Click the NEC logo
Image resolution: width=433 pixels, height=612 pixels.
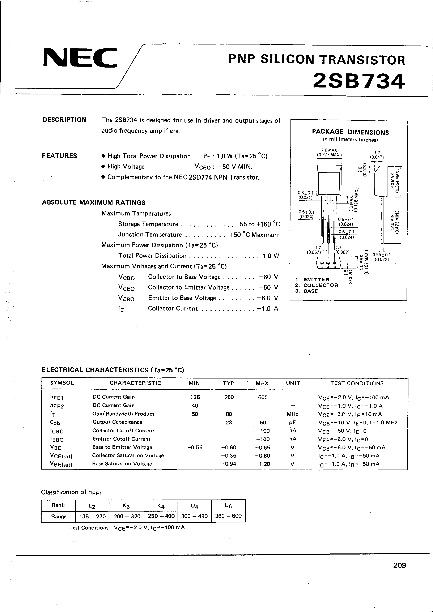click(x=80, y=57)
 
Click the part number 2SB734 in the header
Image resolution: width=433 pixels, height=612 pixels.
click(x=359, y=81)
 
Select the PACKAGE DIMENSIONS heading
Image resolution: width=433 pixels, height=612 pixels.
click(x=350, y=132)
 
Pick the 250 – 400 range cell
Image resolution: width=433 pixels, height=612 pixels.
click(x=161, y=516)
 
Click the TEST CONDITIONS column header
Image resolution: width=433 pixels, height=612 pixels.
click(x=357, y=383)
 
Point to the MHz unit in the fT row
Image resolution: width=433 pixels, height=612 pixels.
click(x=293, y=414)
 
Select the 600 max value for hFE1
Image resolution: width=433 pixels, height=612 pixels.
click(x=263, y=397)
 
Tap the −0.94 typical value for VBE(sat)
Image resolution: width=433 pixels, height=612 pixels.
click(x=229, y=464)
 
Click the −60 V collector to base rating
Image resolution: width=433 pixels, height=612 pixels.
click(x=268, y=277)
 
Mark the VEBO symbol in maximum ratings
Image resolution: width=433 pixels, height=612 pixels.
click(x=126, y=298)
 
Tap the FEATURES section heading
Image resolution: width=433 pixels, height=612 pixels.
click(x=59, y=156)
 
